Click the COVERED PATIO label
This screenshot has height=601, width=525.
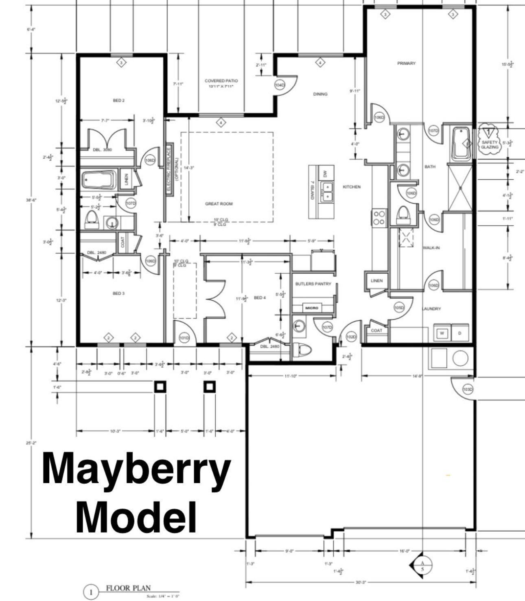tap(221, 81)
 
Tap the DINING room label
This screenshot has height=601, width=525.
tap(320, 94)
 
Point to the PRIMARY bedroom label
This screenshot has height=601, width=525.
tap(406, 63)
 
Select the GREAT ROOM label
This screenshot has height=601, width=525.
tap(219, 204)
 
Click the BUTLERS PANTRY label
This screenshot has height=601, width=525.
tap(313, 284)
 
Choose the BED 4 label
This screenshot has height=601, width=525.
tap(260, 298)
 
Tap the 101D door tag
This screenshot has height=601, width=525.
tap(184, 338)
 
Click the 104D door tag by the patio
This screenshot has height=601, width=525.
tap(280, 85)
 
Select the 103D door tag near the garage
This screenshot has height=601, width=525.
tap(468, 390)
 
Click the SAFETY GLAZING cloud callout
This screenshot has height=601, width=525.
tap(489, 140)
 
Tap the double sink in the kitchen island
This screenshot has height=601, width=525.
tap(327, 192)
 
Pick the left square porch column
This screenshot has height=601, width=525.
tap(160, 386)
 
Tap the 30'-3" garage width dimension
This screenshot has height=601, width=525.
tap(360, 582)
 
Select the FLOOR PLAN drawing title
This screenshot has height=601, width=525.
tap(128, 588)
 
